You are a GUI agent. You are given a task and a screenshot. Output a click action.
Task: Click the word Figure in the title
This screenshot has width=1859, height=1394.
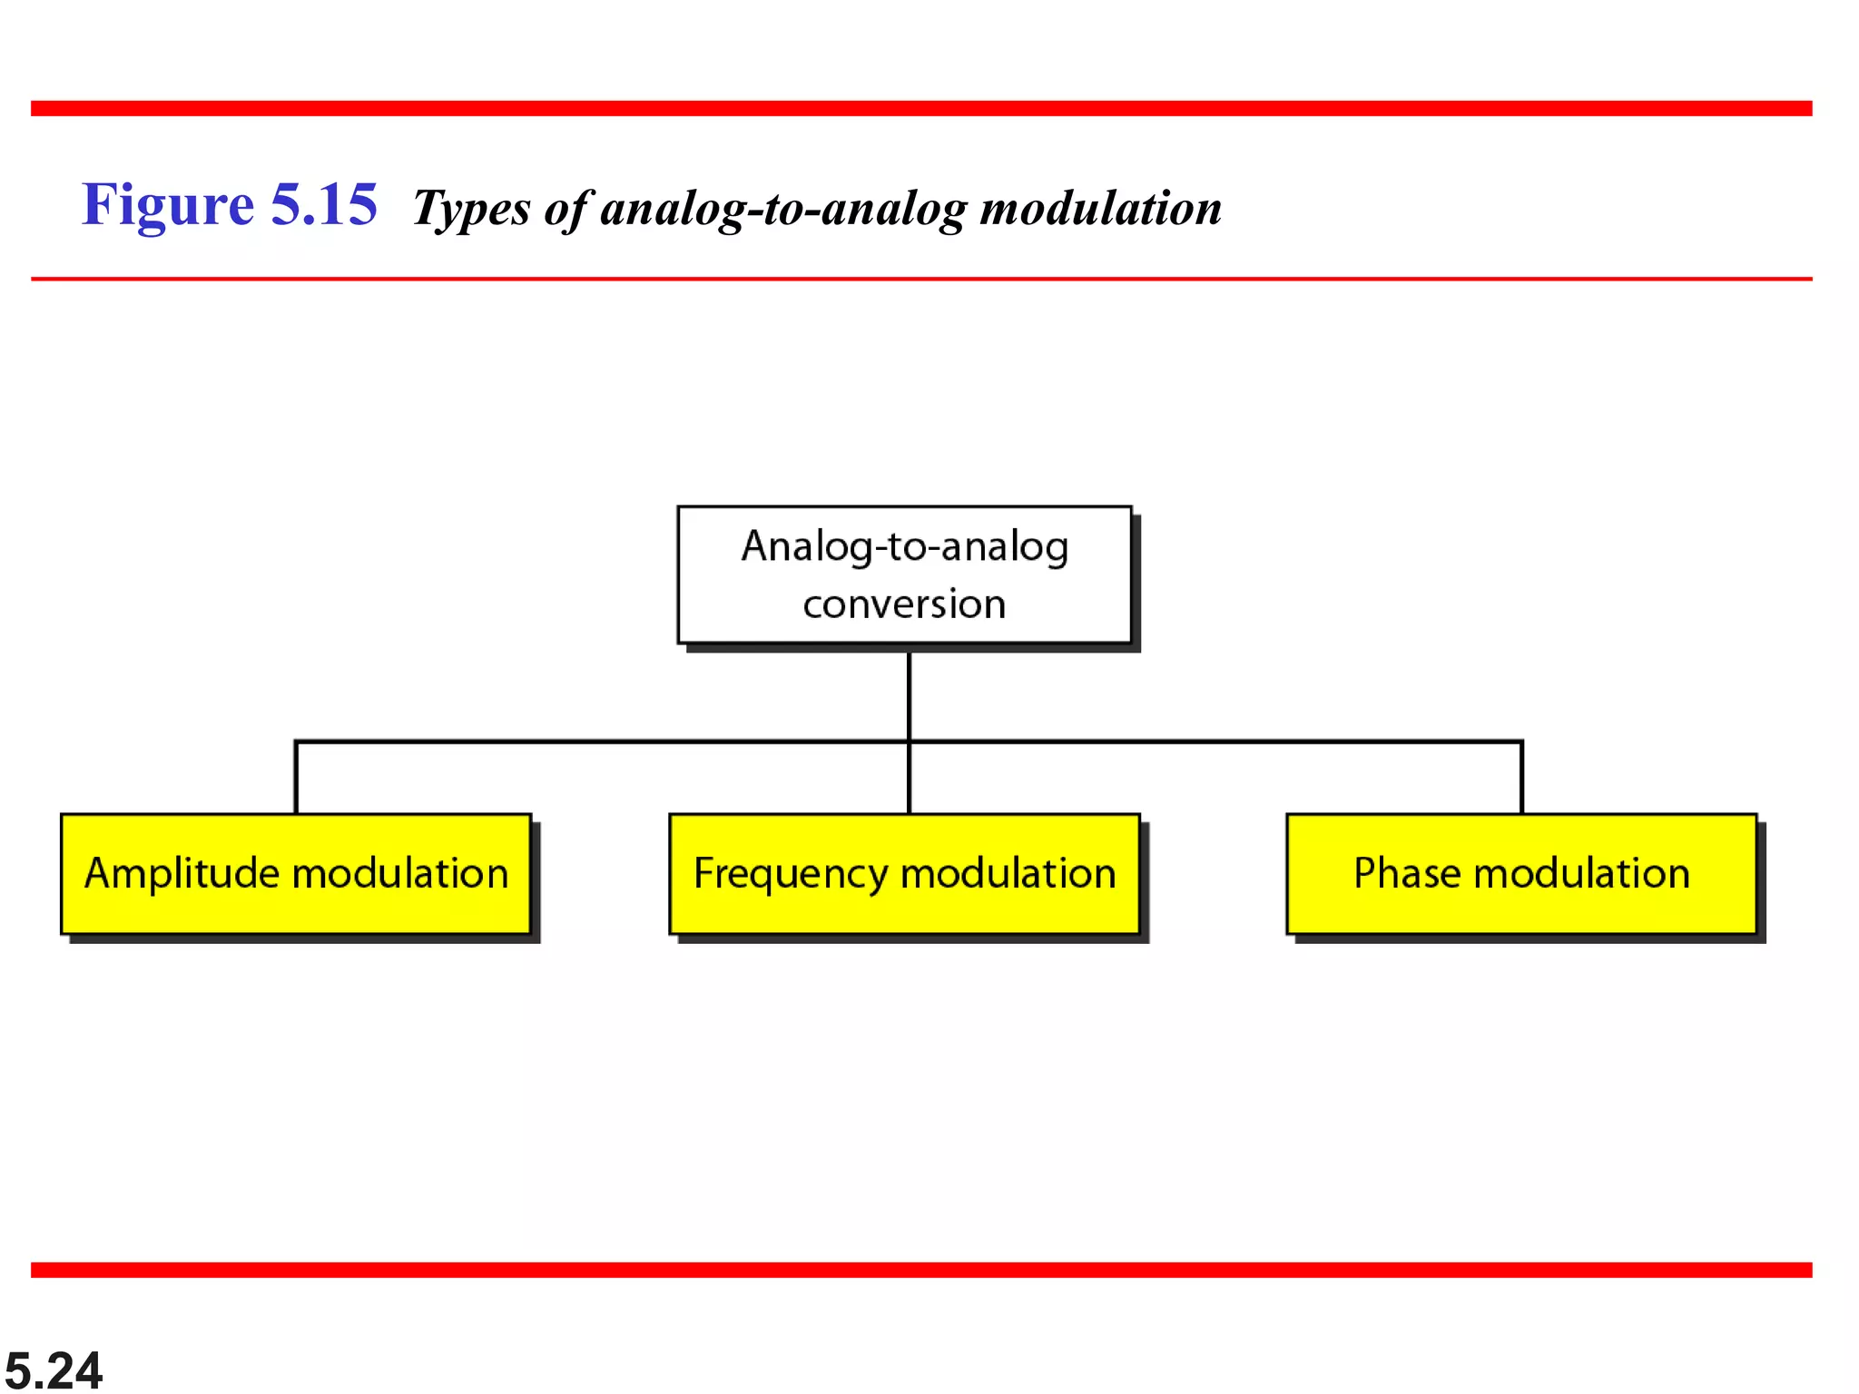168,205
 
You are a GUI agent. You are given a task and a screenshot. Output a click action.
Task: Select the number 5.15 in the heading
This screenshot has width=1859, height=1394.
323,205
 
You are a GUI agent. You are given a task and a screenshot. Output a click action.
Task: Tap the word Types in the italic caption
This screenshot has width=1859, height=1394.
470,210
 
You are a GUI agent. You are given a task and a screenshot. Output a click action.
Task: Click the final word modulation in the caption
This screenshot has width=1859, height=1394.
1100,208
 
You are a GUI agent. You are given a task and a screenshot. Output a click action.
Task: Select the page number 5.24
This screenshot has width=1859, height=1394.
54,1369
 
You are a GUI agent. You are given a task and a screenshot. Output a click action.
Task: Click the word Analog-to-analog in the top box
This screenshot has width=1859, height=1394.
904,547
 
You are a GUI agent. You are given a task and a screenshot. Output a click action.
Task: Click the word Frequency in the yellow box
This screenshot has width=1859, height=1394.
790,874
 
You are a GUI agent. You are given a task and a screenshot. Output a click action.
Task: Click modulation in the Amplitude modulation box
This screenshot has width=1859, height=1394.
400,873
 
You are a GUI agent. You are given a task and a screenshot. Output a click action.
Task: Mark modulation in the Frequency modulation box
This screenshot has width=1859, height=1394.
1008,873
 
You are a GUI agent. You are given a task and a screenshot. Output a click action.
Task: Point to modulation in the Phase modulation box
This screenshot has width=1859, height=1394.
1581,873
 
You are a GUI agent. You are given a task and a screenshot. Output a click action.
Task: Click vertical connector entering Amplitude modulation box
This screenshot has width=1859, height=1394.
296,779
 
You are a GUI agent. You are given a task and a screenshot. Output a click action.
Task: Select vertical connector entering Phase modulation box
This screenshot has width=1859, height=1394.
1521,779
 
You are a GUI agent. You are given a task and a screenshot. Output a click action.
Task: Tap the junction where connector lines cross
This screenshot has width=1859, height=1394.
909,741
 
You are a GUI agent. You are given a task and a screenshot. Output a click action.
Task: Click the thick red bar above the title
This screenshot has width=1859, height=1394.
921,108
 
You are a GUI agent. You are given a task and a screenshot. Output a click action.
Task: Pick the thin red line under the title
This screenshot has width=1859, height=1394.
921,279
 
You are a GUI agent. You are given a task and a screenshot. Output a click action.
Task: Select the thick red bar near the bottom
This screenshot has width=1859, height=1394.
921,1270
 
